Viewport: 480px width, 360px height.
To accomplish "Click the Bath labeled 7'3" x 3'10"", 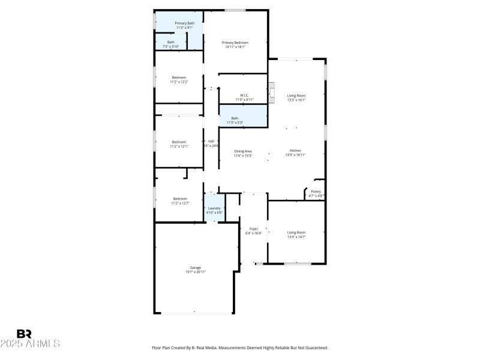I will [171, 44].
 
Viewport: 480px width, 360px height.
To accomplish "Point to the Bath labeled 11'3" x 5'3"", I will [235, 120].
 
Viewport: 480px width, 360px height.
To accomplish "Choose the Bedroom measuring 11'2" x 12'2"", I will [179, 79].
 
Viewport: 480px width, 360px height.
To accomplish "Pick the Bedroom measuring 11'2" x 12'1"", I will [179, 143].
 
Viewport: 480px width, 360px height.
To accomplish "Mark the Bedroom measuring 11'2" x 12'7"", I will [180, 200].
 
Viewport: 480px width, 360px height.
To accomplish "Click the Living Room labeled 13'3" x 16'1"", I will [296, 97].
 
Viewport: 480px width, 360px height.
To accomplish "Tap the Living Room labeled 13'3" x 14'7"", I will [296, 234].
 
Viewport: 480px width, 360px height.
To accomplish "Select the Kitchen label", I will [296, 152].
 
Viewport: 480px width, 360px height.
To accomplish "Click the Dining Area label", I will [243, 153].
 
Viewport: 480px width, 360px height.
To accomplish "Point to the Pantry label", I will [316, 193].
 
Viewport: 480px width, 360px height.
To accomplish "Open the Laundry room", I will [214, 210].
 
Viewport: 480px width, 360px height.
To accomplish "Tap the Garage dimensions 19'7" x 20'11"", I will [196, 272].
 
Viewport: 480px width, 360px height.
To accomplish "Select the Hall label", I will [211, 143].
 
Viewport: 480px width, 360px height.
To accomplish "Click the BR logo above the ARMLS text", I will [25, 334].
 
